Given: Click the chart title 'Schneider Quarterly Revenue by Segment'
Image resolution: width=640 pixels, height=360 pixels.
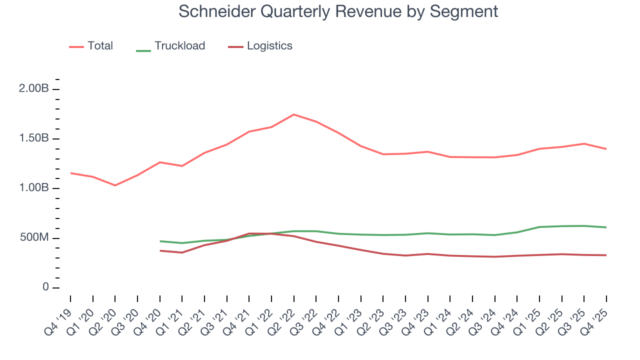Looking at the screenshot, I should click(x=338, y=11).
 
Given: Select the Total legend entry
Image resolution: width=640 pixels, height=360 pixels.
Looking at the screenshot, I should click(x=100, y=46).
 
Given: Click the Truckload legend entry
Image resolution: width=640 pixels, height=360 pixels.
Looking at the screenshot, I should click(x=179, y=46).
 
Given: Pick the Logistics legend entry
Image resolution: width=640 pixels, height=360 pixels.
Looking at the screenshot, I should click(x=269, y=46).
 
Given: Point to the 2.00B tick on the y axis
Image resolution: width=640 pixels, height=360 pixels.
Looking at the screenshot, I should click(x=34, y=89).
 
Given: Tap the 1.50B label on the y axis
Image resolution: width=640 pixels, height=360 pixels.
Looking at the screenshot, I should click(x=34, y=138).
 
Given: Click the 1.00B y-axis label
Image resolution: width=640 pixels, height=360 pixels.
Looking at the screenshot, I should click(x=34, y=188).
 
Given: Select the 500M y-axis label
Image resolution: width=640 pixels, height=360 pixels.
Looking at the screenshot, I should click(x=34, y=237).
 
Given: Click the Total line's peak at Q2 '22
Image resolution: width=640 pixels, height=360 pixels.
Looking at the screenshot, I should click(x=293, y=114).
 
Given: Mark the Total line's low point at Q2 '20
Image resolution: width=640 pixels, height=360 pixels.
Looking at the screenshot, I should click(x=115, y=185).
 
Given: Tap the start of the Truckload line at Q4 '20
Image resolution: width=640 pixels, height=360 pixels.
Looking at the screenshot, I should click(x=160, y=241).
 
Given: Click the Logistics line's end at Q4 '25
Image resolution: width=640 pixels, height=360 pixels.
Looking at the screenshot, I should click(x=606, y=255).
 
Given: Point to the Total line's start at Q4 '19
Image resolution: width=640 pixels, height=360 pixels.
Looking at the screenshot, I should click(x=70, y=173).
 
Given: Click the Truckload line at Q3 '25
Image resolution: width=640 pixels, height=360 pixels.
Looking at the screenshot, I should click(x=584, y=226).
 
